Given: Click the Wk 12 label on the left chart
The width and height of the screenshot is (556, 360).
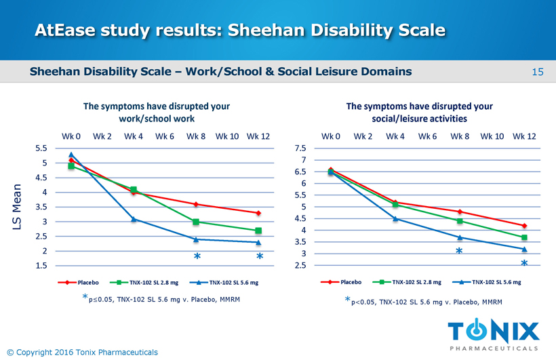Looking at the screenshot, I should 258,136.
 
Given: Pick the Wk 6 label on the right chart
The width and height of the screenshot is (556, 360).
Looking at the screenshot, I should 427,136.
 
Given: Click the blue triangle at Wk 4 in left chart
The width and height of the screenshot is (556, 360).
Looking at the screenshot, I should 134,219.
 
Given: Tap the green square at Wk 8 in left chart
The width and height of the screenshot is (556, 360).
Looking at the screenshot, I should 196,222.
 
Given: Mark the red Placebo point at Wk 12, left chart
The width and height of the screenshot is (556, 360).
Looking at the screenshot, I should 258,213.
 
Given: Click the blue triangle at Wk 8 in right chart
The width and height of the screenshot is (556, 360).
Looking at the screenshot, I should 459,237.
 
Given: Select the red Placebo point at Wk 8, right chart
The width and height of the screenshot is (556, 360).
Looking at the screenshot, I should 459,212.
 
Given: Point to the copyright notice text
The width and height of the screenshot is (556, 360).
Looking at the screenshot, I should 81,352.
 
